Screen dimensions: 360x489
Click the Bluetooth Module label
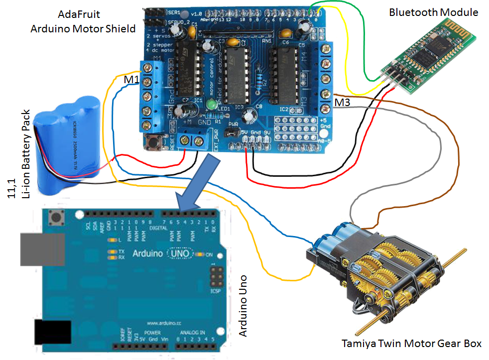pos(433,12)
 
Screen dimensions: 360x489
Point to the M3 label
pos(342,103)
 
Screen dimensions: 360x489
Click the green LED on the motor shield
pos(211,105)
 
